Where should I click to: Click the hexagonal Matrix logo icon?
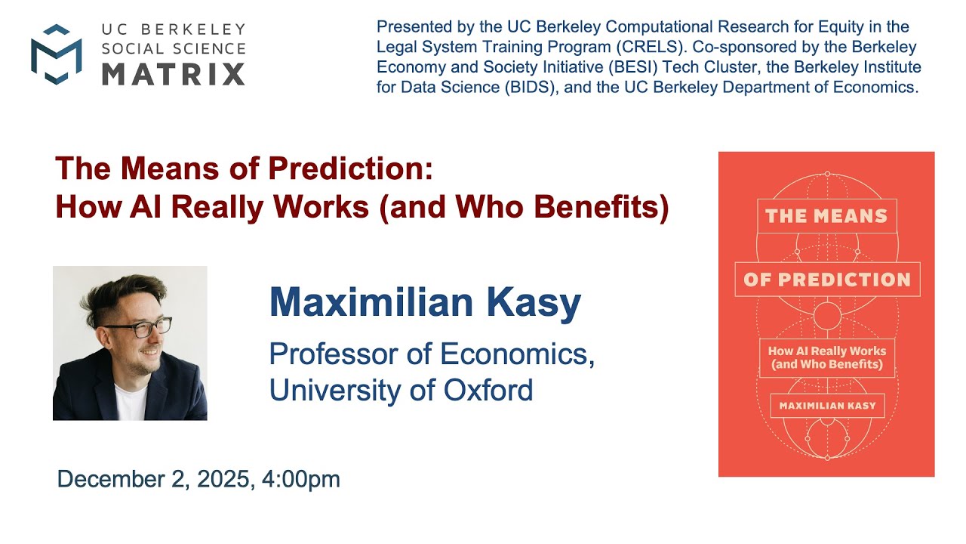pos(57,54)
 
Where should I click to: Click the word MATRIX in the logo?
pos(174,74)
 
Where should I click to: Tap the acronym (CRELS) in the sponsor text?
pos(650,47)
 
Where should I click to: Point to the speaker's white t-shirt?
pos(130,401)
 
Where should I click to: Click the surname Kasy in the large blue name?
pos(534,302)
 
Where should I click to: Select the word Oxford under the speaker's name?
pos(488,390)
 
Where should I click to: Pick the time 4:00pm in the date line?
pos(301,480)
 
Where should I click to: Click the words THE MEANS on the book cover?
pos(826,216)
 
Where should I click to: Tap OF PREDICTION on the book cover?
pos(827,280)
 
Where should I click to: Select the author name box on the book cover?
pos(828,406)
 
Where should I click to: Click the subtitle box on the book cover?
pos(827,358)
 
